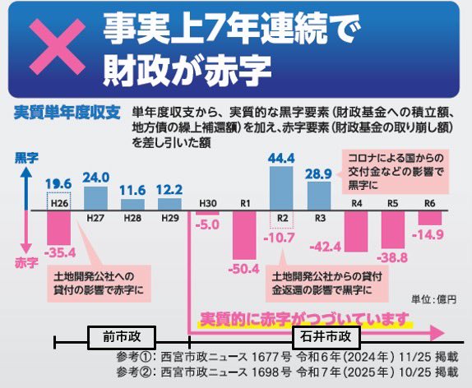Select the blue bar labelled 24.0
96,197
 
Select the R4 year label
356,202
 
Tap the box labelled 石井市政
327,336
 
